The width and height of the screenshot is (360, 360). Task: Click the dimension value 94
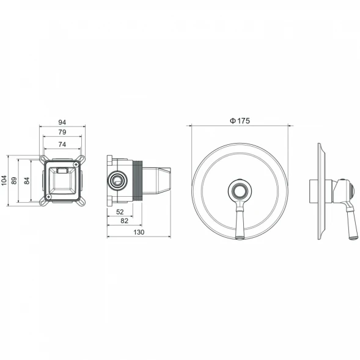[62, 122]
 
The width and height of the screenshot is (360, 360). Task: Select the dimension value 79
[62, 132]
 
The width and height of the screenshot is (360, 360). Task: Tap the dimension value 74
[62, 144]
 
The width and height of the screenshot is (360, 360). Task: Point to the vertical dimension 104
[4, 180]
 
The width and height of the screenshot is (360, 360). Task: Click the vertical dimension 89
[14, 180]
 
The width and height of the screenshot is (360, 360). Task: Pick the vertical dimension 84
[27, 181]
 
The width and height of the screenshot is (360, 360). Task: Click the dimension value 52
[120, 212]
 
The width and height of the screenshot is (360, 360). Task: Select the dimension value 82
[124, 221]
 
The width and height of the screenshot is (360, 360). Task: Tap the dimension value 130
[139, 232]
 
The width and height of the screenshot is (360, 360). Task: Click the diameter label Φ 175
[240, 121]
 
